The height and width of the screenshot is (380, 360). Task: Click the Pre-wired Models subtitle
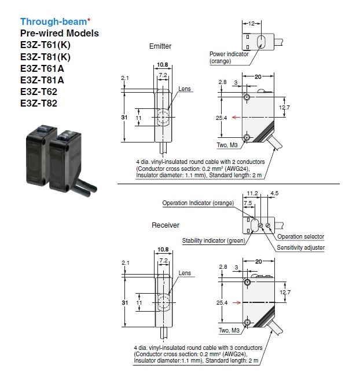pos(60,33)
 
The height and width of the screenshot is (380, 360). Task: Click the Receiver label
pos(166,225)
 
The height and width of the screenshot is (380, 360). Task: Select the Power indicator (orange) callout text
pos(229,57)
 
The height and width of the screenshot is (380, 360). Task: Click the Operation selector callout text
pos(300,236)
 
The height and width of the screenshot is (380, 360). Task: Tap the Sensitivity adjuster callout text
pos(300,247)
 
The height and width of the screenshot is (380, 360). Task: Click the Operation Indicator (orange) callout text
pos(198,203)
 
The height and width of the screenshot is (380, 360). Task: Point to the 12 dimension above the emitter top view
pos(251,24)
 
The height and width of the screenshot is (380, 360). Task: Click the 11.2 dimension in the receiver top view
pos(252,193)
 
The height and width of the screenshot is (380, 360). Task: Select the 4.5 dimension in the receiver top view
pos(275,193)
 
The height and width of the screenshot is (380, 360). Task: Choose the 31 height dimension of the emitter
pos(124,117)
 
